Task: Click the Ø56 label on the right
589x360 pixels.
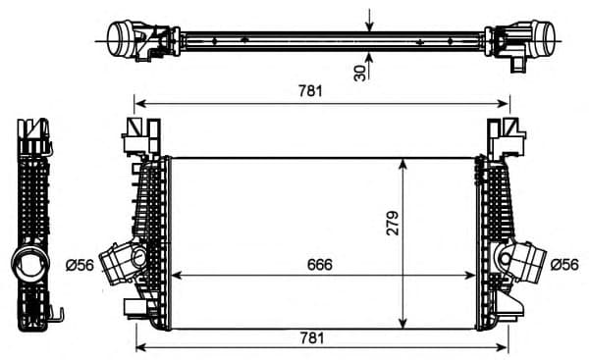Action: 565,264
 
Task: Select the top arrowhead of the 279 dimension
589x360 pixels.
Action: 402,163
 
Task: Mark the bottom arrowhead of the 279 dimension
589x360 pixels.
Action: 402,323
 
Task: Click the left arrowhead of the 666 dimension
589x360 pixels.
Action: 178,275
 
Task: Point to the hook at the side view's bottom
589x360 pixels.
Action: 58,316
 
